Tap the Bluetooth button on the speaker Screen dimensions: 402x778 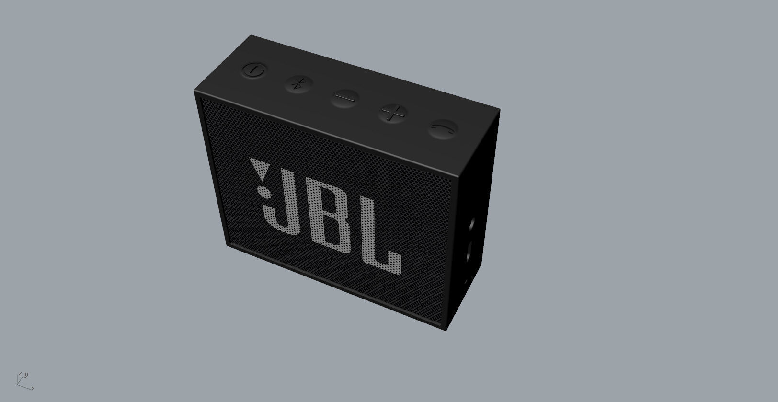pos(298,84)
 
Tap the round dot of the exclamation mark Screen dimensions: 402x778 pos(264,192)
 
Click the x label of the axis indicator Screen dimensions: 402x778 pos(33,388)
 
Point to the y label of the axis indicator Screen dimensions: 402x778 pos(26,374)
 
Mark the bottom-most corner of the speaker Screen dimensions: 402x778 pos(446,331)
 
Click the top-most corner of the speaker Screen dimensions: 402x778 pos(251,35)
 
